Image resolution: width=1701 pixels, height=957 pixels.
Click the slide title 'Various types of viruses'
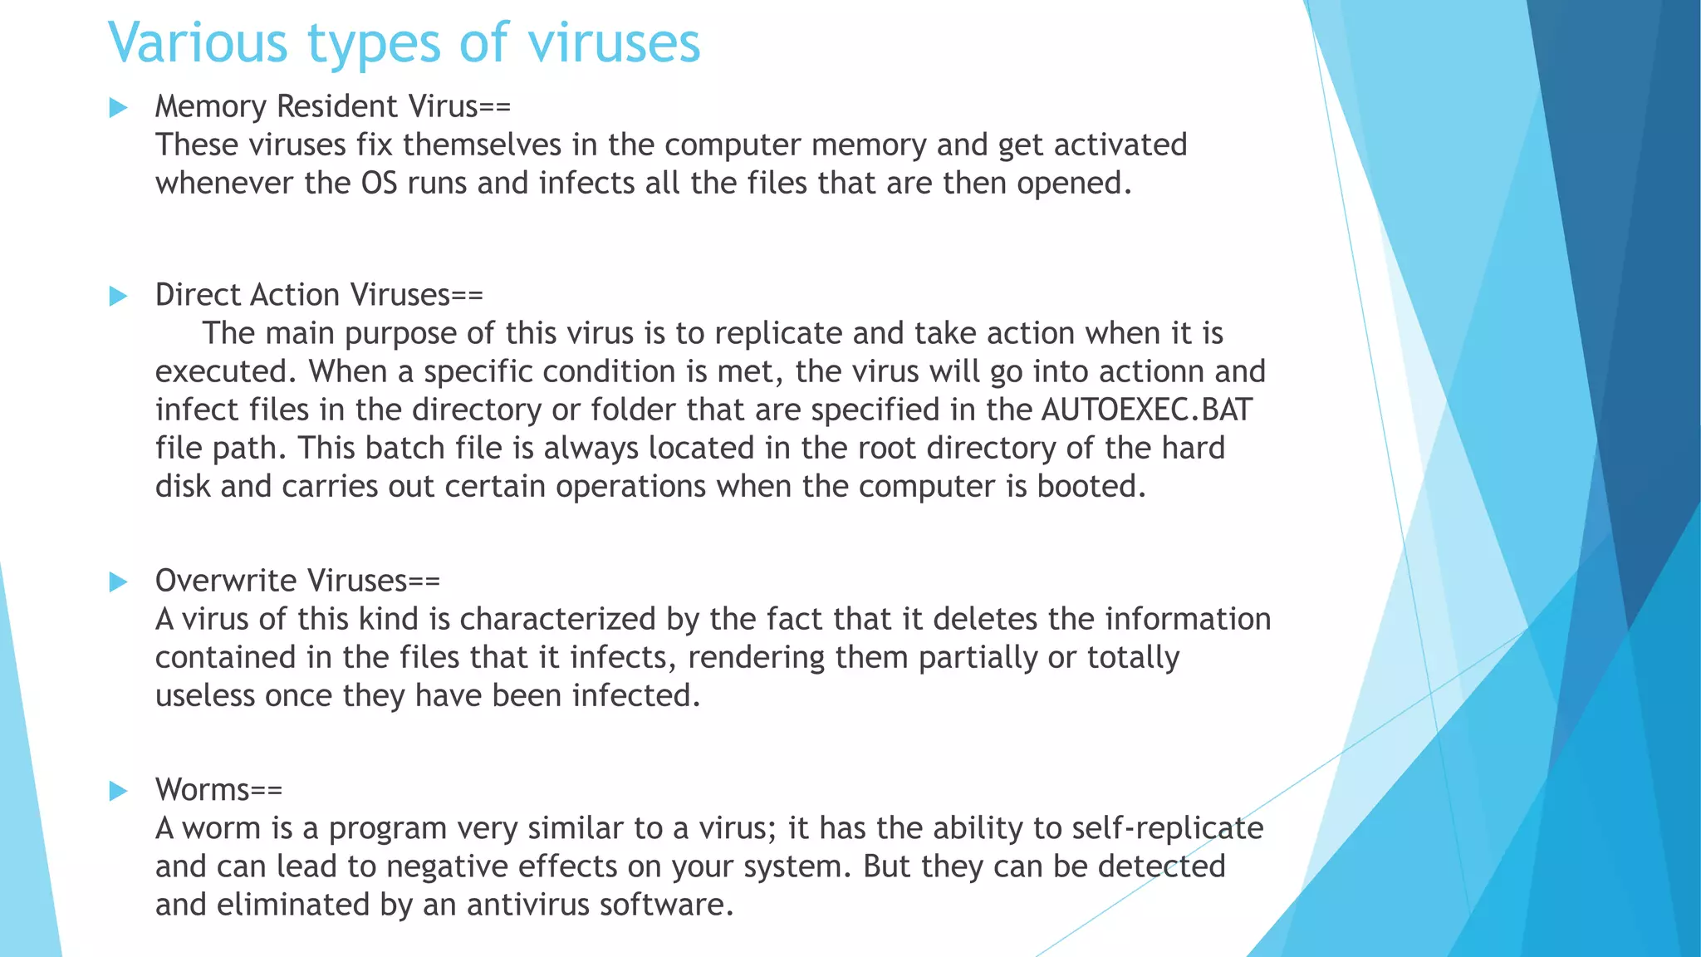404,43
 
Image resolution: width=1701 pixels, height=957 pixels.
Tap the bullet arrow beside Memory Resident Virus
119,108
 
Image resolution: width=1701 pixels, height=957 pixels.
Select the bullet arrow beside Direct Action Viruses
119,297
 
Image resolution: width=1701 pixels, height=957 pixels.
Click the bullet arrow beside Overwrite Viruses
119,582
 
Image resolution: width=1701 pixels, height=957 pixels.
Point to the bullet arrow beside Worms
119,792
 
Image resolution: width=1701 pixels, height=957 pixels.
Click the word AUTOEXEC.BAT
1146,410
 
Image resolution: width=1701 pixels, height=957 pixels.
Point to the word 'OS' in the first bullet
379,184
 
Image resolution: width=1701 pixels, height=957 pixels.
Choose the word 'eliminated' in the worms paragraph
293,905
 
